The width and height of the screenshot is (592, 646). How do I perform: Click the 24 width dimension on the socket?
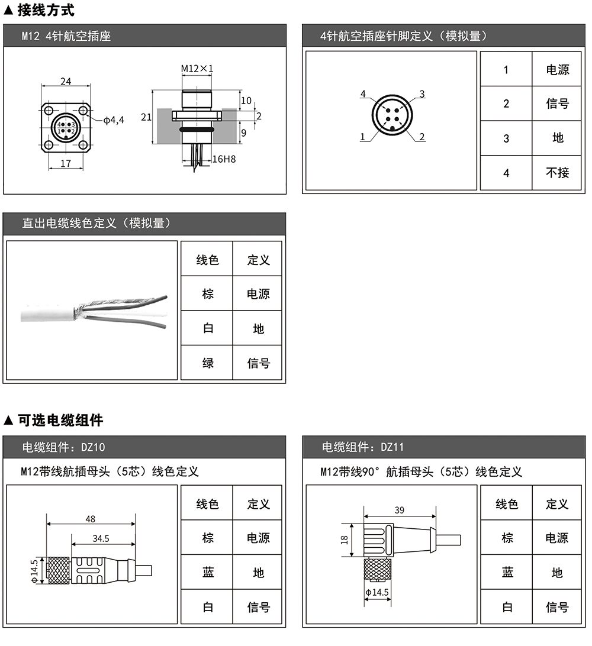pos(66,81)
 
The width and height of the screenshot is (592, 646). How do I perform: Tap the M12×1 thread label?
pos(197,69)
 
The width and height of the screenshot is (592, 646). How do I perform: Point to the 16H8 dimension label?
pos(224,159)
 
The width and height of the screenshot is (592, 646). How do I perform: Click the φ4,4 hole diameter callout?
pos(114,120)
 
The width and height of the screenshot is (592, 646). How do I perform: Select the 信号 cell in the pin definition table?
pos(558,104)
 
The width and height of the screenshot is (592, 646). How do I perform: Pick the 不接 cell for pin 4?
pos(558,173)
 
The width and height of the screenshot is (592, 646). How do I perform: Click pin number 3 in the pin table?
pos(506,138)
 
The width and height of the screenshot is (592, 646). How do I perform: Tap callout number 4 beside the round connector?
pos(363,94)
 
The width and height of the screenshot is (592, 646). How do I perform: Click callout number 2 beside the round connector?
pos(422,137)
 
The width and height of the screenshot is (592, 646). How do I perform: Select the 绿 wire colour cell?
pos(208,363)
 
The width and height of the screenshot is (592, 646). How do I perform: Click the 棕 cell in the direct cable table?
pos(208,294)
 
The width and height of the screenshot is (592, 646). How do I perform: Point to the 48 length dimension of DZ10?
pos(91,519)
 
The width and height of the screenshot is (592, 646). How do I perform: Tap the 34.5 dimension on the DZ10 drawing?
pos(101,538)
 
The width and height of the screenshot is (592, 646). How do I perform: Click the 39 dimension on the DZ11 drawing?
pos(400,510)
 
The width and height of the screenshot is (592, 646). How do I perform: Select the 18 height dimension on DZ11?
pos(344,540)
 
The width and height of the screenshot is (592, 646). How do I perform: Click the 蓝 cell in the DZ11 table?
pos(507,572)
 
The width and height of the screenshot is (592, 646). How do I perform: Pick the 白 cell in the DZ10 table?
pos(208,607)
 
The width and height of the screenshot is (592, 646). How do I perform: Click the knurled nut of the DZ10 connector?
pos(59,570)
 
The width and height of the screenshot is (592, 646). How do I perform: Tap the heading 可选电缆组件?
pos(60,420)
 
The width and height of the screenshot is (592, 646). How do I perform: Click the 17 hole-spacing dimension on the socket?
pos(66,163)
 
